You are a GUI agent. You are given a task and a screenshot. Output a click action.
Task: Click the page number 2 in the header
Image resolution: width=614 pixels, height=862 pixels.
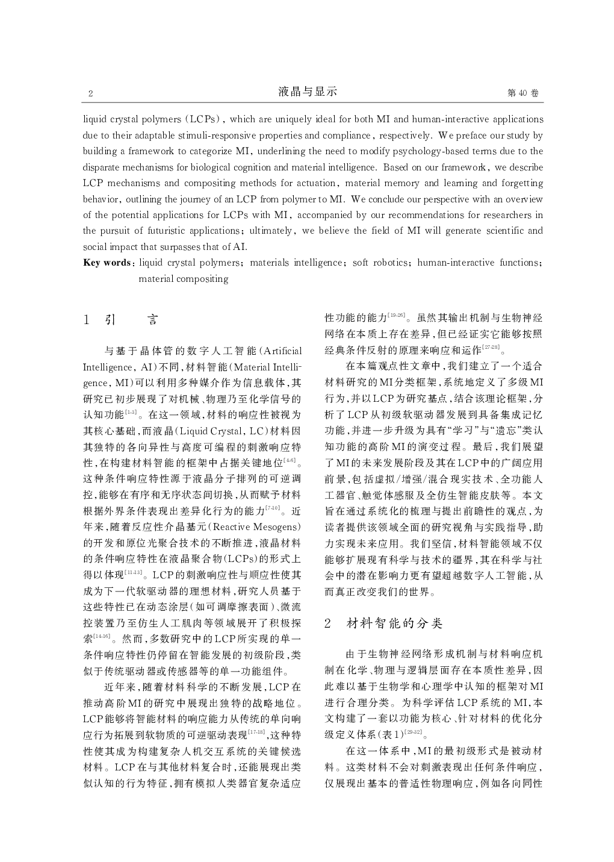(x=90, y=93)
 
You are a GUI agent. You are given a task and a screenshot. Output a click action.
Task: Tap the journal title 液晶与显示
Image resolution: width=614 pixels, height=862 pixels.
(x=308, y=92)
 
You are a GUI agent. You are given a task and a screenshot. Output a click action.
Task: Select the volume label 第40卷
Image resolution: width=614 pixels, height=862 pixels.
(x=523, y=93)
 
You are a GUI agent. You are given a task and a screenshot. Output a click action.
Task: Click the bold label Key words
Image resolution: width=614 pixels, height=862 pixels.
(x=107, y=263)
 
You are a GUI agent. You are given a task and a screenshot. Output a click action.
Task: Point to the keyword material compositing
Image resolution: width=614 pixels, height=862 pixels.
(x=183, y=279)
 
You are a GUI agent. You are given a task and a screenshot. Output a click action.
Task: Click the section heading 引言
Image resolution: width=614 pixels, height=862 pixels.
(x=129, y=320)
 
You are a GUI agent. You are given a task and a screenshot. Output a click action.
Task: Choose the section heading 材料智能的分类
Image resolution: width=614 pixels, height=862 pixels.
(x=394, y=623)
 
